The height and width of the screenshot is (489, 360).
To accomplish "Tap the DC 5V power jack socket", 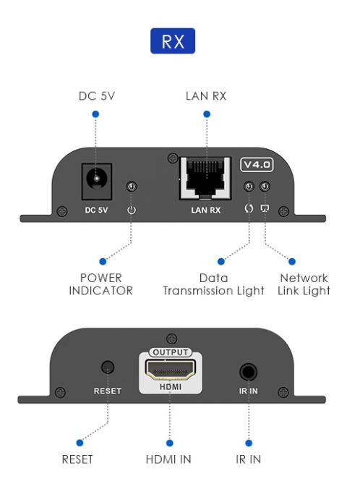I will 93,177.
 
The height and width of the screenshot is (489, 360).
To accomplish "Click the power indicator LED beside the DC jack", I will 132,187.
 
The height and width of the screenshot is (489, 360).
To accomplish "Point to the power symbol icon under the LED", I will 132,211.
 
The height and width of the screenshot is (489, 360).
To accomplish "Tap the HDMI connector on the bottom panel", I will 168,372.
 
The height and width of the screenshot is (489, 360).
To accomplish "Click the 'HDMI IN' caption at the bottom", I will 169,459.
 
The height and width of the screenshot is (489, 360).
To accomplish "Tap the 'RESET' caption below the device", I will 78,459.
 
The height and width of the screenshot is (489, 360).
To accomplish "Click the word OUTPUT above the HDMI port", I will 168,352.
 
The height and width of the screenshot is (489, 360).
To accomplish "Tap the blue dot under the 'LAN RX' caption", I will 206,114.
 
